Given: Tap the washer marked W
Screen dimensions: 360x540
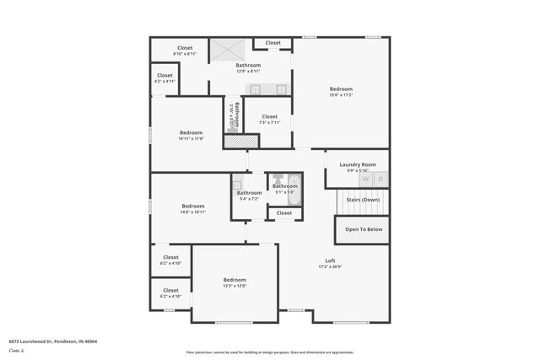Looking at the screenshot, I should coord(365,180).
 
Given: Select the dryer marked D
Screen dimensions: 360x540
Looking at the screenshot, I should coord(381,180).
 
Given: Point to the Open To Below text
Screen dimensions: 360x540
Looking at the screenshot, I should coord(363,228).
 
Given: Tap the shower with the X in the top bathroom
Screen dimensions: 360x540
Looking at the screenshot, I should coord(225,49).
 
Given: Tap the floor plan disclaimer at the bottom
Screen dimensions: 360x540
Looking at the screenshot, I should coord(270,352).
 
